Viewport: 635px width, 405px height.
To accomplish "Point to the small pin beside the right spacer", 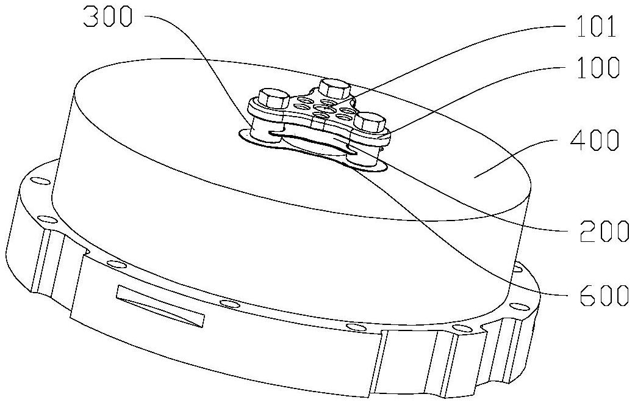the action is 382,144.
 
